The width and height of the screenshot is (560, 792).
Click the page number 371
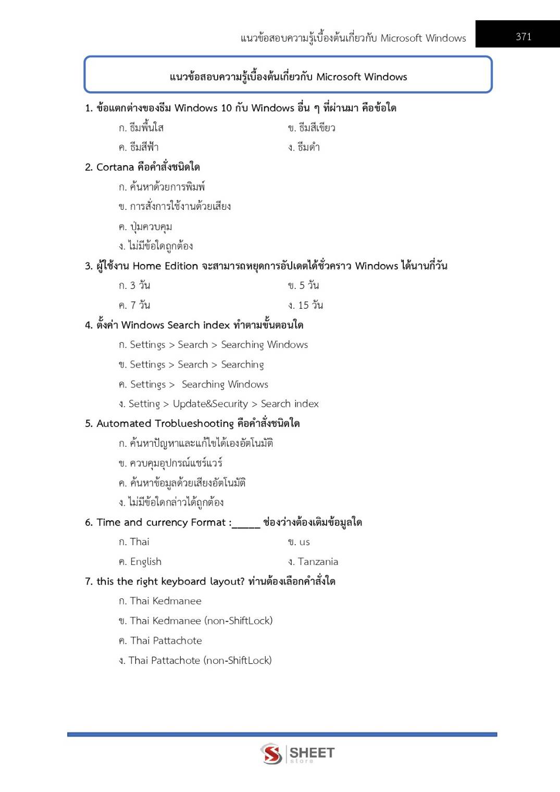pyautogui.click(x=524, y=36)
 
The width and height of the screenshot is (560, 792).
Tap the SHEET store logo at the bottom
pyautogui.click(x=297, y=753)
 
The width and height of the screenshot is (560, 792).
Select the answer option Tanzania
pyautogui.click(x=318, y=562)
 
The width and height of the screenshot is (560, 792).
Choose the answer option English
pyautogui.click(x=145, y=562)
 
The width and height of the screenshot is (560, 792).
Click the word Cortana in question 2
pyautogui.click(x=115, y=167)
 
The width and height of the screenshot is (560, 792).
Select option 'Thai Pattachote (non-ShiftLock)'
pyautogui.click(x=200, y=660)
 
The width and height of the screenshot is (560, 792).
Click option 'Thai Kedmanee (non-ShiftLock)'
pyautogui.click(x=201, y=621)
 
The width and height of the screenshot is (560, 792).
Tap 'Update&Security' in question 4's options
pyautogui.click(x=210, y=404)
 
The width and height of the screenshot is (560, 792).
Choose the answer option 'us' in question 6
pyautogui.click(x=304, y=542)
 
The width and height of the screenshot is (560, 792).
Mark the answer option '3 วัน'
pyautogui.click(x=140, y=285)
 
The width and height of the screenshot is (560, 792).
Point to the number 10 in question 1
pyautogui.click(x=226, y=108)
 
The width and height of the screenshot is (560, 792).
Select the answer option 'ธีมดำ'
pyautogui.click(x=308, y=147)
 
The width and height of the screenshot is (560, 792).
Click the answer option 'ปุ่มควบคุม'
pyautogui.click(x=151, y=227)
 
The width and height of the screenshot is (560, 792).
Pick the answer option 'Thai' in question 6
pyautogui.click(x=139, y=542)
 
